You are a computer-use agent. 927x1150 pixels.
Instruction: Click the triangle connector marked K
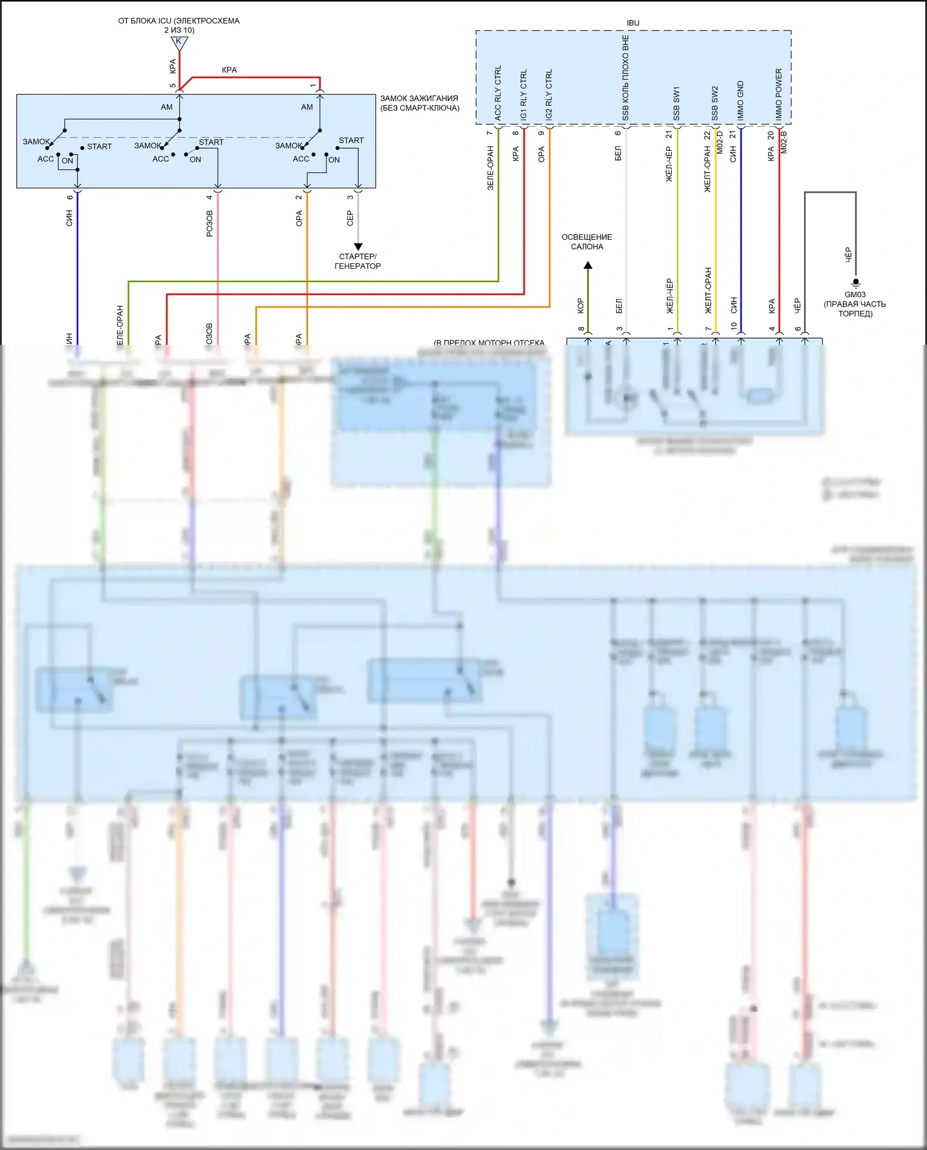pyautogui.click(x=179, y=43)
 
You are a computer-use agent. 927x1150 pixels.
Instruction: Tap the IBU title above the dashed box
pyautogui.click(x=633, y=23)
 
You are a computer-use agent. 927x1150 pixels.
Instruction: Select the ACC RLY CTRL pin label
pyautogui.click(x=498, y=93)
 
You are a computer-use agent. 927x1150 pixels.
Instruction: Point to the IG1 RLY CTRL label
pyautogui.click(x=524, y=95)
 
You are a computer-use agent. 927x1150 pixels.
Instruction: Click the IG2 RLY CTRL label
pyautogui.click(x=549, y=95)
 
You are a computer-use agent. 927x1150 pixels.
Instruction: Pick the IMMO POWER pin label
pyautogui.click(x=779, y=94)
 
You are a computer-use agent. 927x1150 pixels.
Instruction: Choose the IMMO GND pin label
pyautogui.click(x=741, y=101)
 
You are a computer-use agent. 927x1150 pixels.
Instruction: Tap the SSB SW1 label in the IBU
pyautogui.click(x=677, y=103)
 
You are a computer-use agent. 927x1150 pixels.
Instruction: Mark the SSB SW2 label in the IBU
pyautogui.click(x=715, y=103)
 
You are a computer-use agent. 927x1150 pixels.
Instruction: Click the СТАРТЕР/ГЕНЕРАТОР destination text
pyautogui.click(x=358, y=261)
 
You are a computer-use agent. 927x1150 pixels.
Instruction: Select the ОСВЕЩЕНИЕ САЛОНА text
pyautogui.click(x=587, y=242)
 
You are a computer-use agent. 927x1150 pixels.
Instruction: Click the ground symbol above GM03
pyautogui.click(x=856, y=284)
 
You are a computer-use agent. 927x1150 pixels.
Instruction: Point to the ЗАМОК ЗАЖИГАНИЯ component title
pyautogui.click(x=420, y=103)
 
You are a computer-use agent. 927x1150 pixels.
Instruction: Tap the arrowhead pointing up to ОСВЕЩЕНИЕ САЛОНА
pyautogui.click(x=588, y=266)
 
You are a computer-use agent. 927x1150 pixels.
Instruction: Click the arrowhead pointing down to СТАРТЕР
pyautogui.click(x=358, y=247)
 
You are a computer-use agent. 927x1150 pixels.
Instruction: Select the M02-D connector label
pyautogui.click(x=721, y=142)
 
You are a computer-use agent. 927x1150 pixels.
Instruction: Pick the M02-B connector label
pyautogui.click(x=784, y=142)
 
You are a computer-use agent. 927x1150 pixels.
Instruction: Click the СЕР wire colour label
pyautogui.click(x=350, y=218)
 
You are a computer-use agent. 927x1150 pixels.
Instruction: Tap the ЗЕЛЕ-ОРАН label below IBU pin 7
pyautogui.click(x=491, y=167)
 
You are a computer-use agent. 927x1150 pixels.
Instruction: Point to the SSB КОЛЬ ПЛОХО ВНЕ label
pyautogui.click(x=625, y=77)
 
